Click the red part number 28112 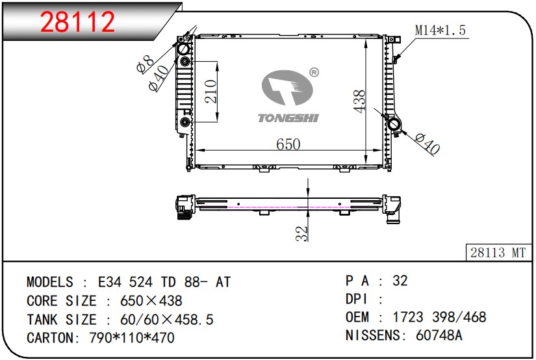click(77, 22)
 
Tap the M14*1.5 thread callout click(440, 30)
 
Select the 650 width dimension click(288, 144)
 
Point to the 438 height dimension click(359, 101)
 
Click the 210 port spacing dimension click(211, 92)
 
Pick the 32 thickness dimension click(302, 234)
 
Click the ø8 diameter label click(146, 65)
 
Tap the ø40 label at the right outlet click(428, 144)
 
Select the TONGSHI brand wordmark click(288, 118)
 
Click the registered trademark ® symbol click(314, 73)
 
